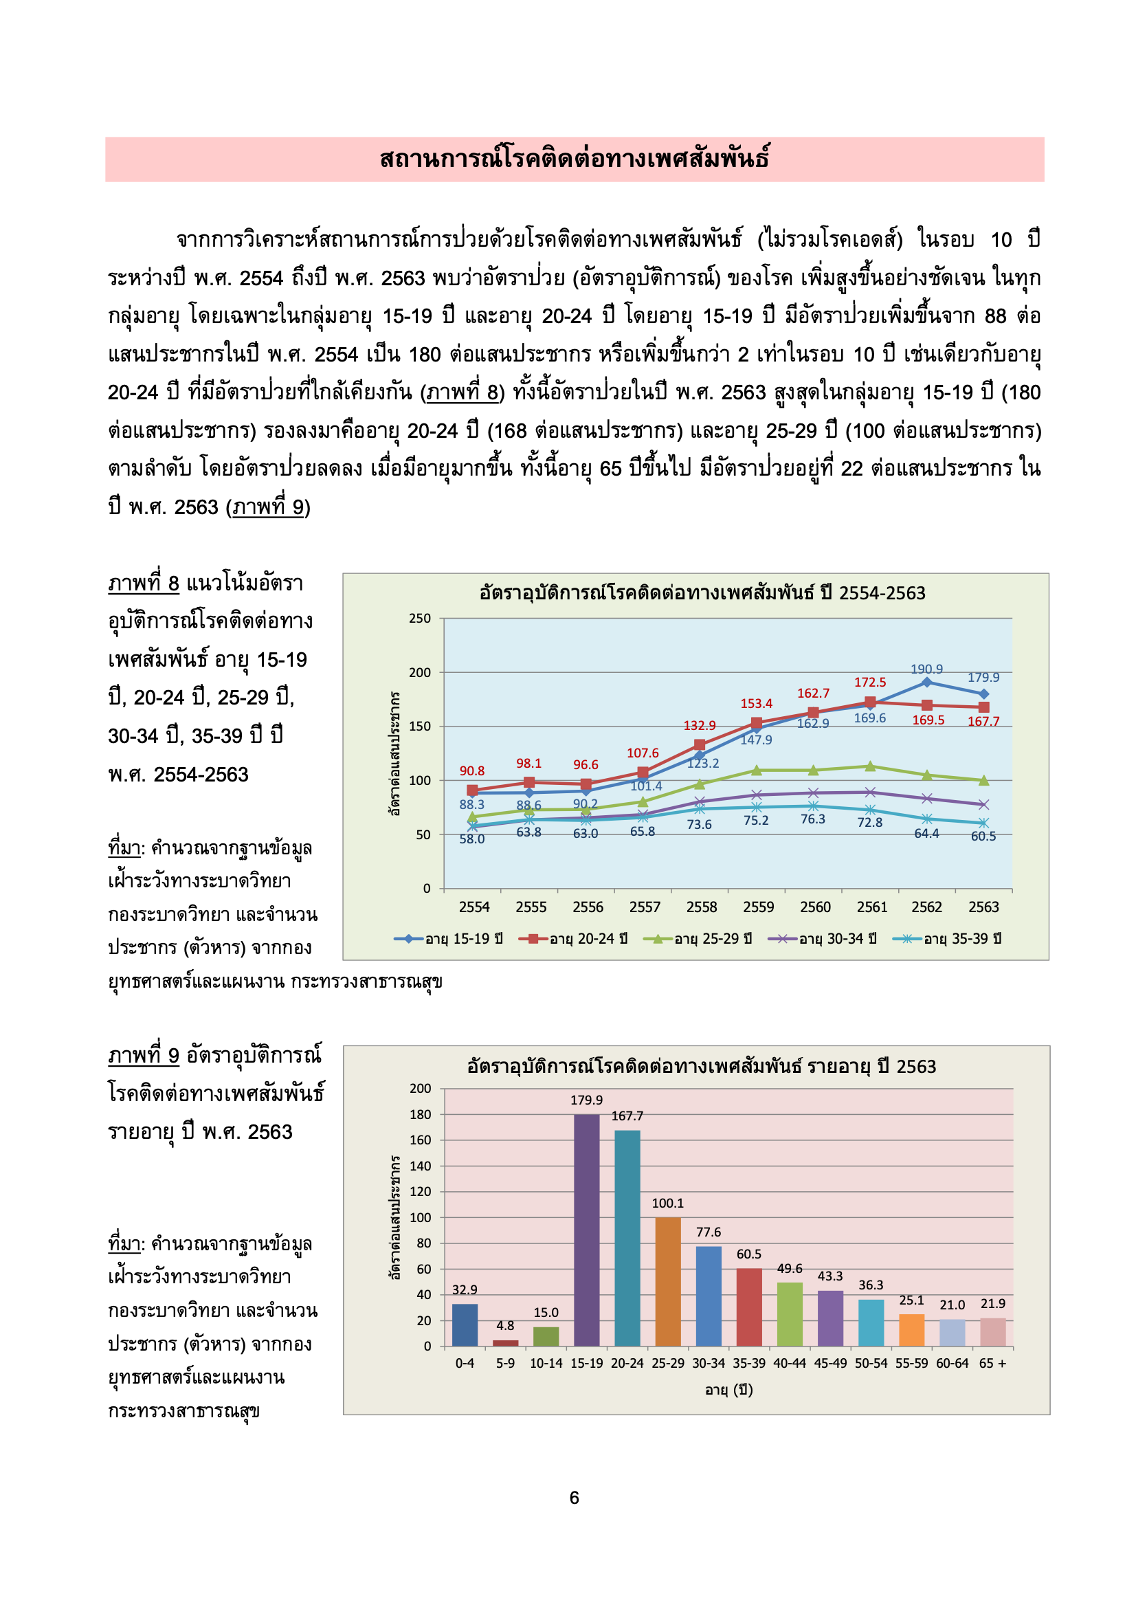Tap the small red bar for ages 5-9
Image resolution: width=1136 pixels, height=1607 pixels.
click(504, 1342)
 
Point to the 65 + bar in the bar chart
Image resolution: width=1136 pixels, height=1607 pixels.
click(992, 1332)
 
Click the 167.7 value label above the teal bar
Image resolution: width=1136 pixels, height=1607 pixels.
click(627, 1116)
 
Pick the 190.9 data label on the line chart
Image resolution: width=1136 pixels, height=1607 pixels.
click(925, 669)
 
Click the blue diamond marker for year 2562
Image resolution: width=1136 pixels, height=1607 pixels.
click(926, 682)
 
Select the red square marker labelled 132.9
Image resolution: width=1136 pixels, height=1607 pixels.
click(698, 744)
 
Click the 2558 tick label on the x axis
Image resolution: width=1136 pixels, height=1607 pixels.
click(702, 907)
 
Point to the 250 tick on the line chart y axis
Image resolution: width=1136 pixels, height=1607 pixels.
click(419, 619)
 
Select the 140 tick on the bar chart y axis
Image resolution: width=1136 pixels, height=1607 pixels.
click(420, 1165)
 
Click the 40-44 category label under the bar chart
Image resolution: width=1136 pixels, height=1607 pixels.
click(789, 1363)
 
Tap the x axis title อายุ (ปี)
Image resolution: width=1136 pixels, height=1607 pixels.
click(728, 1389)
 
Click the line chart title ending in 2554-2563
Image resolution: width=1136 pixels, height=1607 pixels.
click(702, 592)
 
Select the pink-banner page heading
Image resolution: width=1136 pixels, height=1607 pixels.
click(574, 159)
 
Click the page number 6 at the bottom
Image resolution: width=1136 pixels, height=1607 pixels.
click(574, 1497)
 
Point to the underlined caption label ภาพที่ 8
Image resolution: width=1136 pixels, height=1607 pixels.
click(144, 583)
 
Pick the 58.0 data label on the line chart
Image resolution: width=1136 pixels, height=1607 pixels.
click(471, 839)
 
